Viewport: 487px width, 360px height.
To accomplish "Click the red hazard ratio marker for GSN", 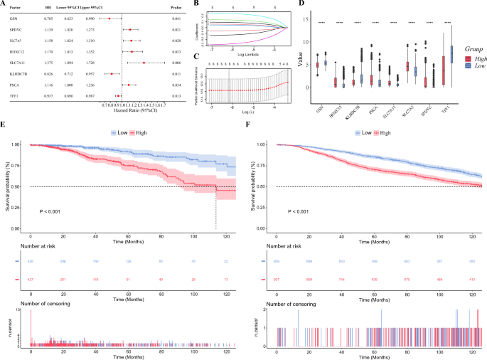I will click(x=109, y=20).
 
